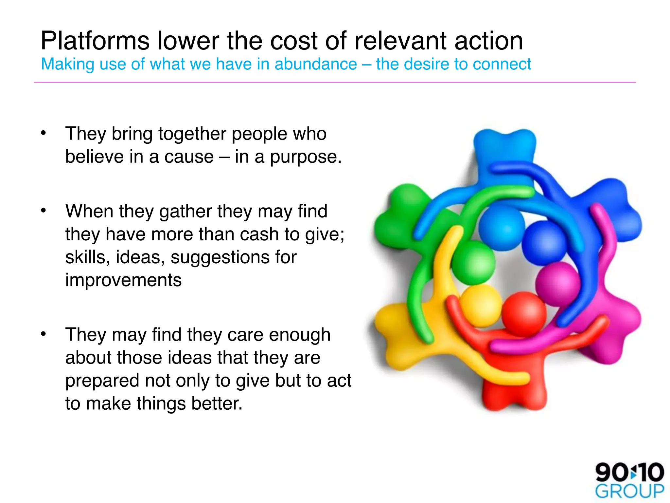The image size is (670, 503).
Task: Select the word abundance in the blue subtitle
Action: pyautogui.click(x=315, y=64)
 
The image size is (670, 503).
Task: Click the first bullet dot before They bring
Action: pyautogui.click(x=43, y=133)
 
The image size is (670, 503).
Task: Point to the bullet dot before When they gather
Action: pyautogui.click(x=43, y=211)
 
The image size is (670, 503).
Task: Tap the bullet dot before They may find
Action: pyautogui.click(x=43, y=334)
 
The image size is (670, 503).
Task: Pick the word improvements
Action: pyautogui.click(x=123, y=280)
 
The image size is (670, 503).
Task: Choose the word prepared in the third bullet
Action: pyautogui.click(x=102, y=381)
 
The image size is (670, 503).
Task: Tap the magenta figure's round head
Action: pyautogui.click(x=557, y=283)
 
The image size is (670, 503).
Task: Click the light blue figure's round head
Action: pyautogui.click(x=501, y=228)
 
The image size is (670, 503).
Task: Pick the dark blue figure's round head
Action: pyautogui.click(x=544, y=242)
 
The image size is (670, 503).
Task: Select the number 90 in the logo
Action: pyautogui.click(x=611, y=472)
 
